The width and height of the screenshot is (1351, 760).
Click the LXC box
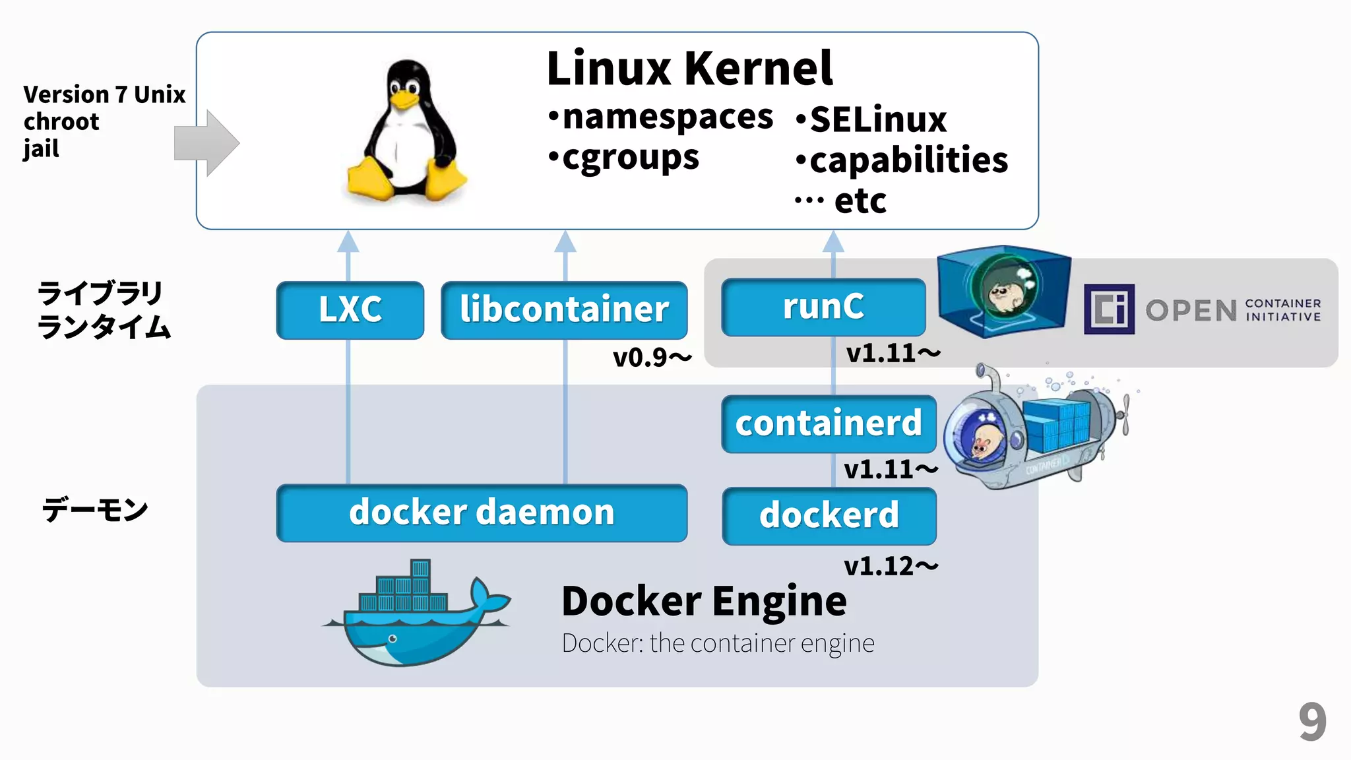coord(350,310)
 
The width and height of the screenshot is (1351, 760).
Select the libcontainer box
coord(564,310)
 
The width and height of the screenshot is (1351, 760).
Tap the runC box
coord(823,307)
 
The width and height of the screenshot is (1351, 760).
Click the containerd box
coord(829,424)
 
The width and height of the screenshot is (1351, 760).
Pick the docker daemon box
coord(482,513)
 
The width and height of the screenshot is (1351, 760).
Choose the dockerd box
coord(829,516)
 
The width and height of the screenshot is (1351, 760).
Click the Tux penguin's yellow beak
coord(404,100)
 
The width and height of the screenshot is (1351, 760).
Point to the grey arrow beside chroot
coord(206,143)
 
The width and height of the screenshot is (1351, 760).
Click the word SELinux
coord(877,120)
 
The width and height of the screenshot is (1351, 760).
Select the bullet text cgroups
coord(630,158)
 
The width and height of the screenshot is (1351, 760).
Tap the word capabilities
coord(908,160)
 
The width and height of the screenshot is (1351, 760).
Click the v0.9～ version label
coord(652,358)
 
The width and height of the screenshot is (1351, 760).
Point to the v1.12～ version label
coord(891,566)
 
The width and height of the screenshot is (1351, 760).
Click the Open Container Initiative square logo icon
coord(1109,309)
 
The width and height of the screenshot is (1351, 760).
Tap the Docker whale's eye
coord(393,639)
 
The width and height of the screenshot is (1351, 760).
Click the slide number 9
coord(1312,722)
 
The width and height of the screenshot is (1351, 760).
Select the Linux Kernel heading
coord(689,69)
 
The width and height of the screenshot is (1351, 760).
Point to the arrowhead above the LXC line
coord(348,242)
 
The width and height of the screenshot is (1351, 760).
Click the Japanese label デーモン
coord(95,510)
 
